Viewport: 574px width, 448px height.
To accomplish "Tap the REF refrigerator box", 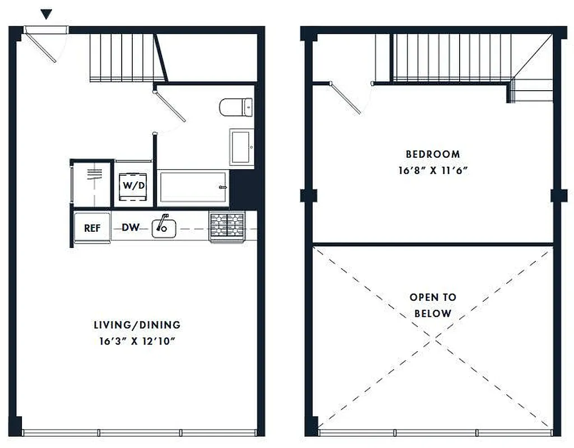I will (x=92, y=228).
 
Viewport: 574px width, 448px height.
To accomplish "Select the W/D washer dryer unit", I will (x=133, y=184).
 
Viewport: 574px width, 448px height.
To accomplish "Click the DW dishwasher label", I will (x=131, y=228).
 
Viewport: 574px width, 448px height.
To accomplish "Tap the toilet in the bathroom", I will (x=236, y=106).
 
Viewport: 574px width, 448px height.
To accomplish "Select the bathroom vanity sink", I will (x=241, y=147).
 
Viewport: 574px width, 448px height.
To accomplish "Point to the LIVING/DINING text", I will (x=137, y=325).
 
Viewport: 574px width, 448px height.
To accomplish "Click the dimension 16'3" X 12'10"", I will (x=137, y=342).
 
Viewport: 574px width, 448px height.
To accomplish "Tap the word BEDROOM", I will (x=433, y=154).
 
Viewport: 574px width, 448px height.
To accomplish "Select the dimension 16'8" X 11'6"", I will (x=433, y=171).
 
